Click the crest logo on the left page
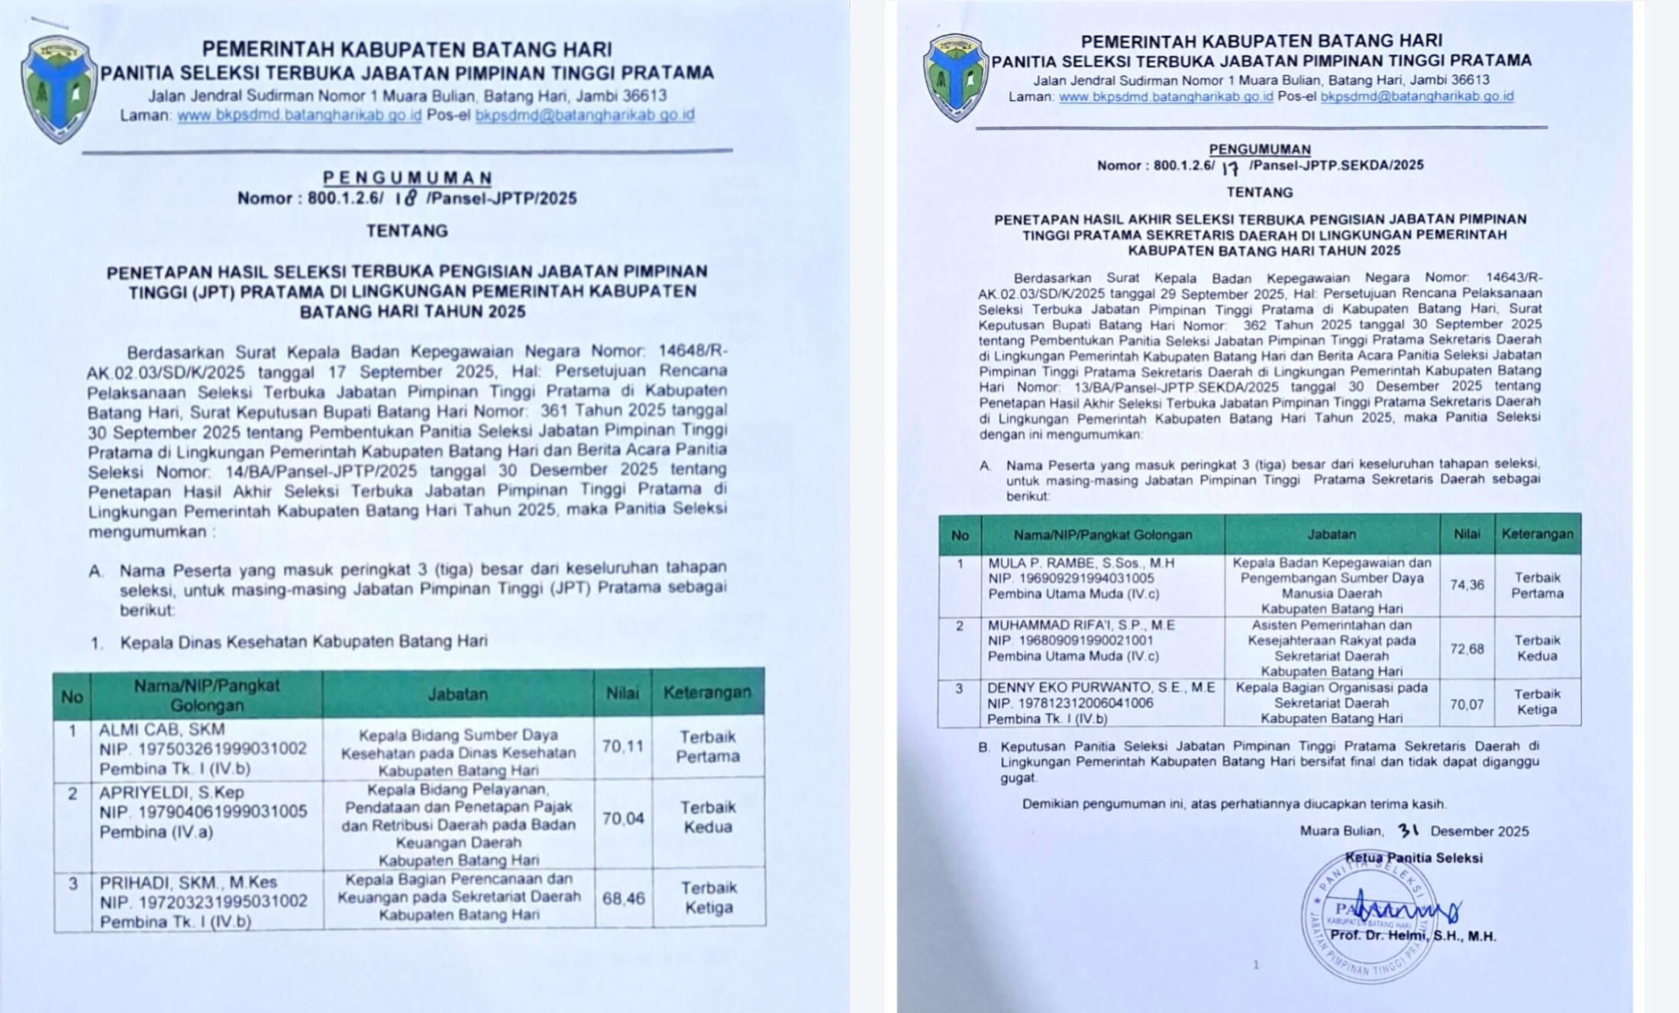click(59, 87)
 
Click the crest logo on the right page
click(955, 77)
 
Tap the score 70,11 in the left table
click(623, 746)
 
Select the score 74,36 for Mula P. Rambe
click(1467, 585)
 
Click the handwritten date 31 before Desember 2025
click(1408, 830)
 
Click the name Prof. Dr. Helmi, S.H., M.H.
click(1413, 936)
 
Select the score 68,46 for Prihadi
click(623, 898)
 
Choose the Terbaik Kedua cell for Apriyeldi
click(708, 817)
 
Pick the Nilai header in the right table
click(1467, 534)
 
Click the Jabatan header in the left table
click(457, 694)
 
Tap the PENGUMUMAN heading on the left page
click(407, 178)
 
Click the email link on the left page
click(584, 115)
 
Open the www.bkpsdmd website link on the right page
click(1165, 97)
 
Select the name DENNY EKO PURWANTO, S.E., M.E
click(1101, 687)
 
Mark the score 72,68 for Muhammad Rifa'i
click(1467, 649)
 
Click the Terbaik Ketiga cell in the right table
click(1537, 701)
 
